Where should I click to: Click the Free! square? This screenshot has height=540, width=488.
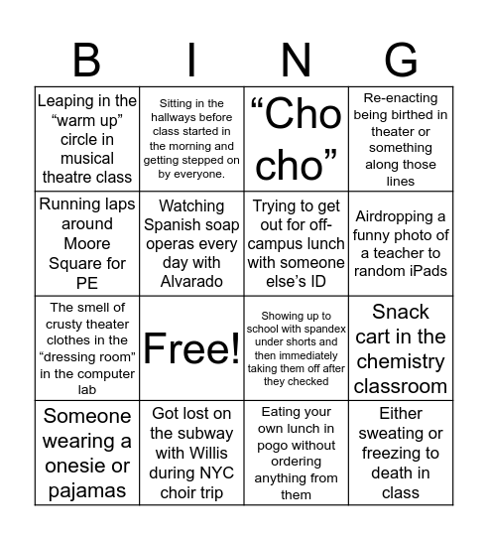click(x=191, y=347)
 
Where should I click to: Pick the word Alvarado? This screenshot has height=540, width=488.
click(x=191, y=281)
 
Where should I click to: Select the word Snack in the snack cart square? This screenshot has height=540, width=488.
click(x=400, y=311)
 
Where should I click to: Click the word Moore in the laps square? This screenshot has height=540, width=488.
click(x=87, y=243)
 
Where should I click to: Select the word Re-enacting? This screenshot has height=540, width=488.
click(x=400, y=99)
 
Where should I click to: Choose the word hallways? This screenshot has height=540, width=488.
click(x=179, y=117)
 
